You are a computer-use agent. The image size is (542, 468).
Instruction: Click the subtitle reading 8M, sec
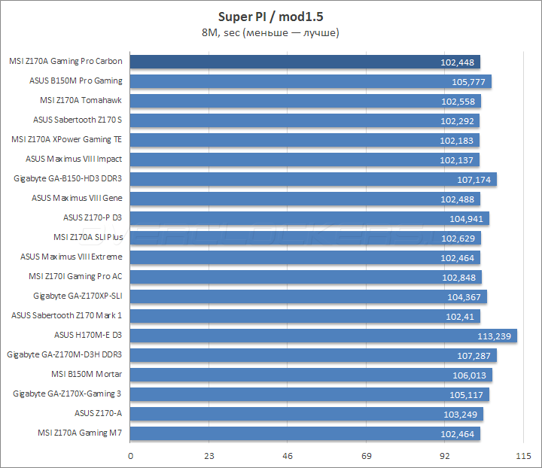click(270, 32)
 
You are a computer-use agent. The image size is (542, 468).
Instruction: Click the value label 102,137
click(458, 160)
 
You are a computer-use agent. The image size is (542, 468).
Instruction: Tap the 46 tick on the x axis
click(288, 456)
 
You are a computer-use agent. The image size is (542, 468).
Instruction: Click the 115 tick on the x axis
click(523, 456)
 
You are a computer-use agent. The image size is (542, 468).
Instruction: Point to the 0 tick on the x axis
click(131, 456)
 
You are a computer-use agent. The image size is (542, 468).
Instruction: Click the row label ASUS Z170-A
click(98, 413)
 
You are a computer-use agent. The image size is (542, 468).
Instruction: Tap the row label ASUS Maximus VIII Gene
click(77, 198)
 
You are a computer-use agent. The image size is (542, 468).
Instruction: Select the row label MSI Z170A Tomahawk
click(81, 100)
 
